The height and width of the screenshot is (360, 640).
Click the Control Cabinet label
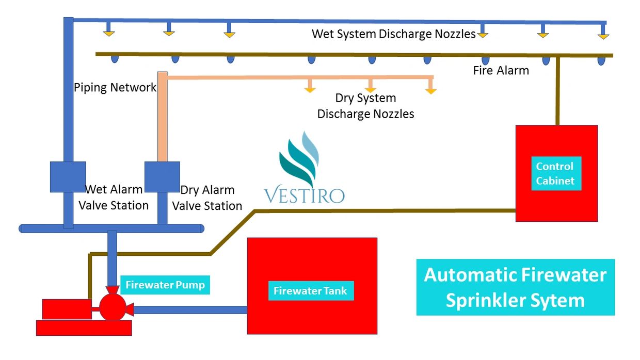point(556,173)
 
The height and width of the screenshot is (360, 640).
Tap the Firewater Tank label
point(310,291)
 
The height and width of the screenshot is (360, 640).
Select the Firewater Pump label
point(165,285)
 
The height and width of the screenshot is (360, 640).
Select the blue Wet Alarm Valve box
point(68,177)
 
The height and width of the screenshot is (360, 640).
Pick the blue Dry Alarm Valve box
point(162,177)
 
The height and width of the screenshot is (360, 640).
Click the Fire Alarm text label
point(501,71)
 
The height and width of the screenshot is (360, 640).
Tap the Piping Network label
point(115,87)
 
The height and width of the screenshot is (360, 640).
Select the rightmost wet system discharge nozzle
point(603,36)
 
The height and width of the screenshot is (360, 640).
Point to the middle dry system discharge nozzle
point(370,89)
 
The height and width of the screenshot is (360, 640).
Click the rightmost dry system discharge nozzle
point(430,90)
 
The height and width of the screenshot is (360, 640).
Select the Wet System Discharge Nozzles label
point(393,34)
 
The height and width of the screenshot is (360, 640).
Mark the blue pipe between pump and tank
point(190,309)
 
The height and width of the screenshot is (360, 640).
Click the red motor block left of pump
point(67,309)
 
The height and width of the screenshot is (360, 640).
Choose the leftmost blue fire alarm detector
point(115,59)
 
